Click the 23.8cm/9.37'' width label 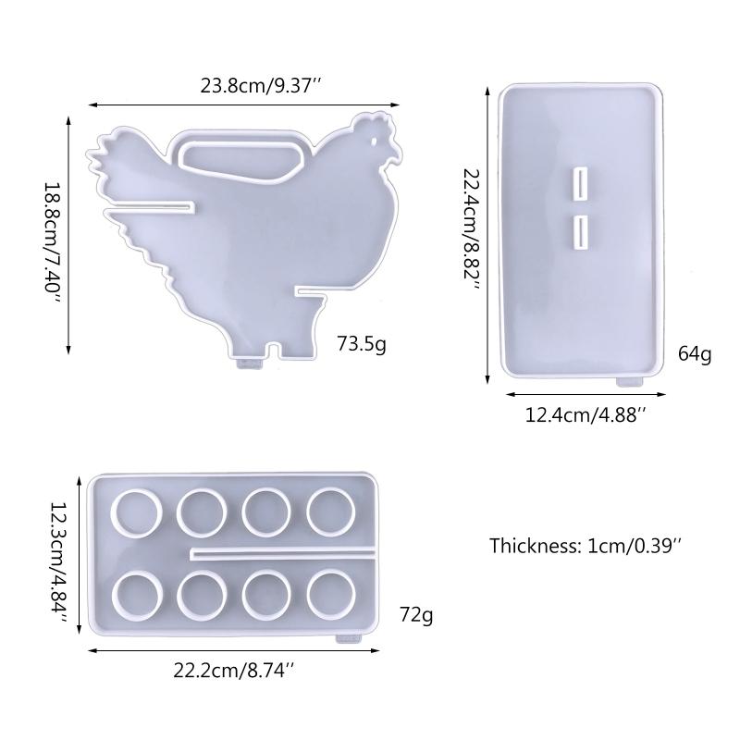(x=261, y=87)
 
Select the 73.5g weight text (x=362, y=345)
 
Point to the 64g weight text (x=695, y=353)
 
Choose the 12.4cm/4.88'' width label (x=584, y=415)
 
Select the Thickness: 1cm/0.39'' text (x=585, y=545)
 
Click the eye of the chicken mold (x=375, y=142)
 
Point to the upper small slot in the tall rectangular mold (x=582, y=183)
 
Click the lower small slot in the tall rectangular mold (x=582, y=231)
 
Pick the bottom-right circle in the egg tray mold (x=331, y=595)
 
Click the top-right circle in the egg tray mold (x=331, y=511)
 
